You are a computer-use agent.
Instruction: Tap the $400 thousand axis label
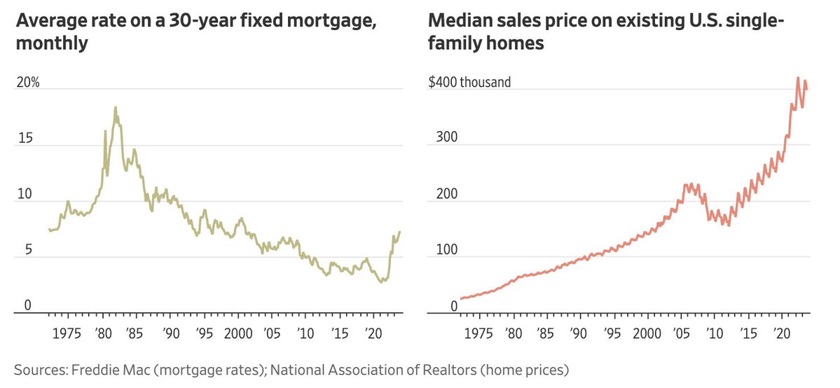tap(469, 82)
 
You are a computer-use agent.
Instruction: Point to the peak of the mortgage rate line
tap(115, 107)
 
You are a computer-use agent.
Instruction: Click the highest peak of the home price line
tap(799, 78)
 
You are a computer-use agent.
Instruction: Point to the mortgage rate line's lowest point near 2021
tap(380, 282)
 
